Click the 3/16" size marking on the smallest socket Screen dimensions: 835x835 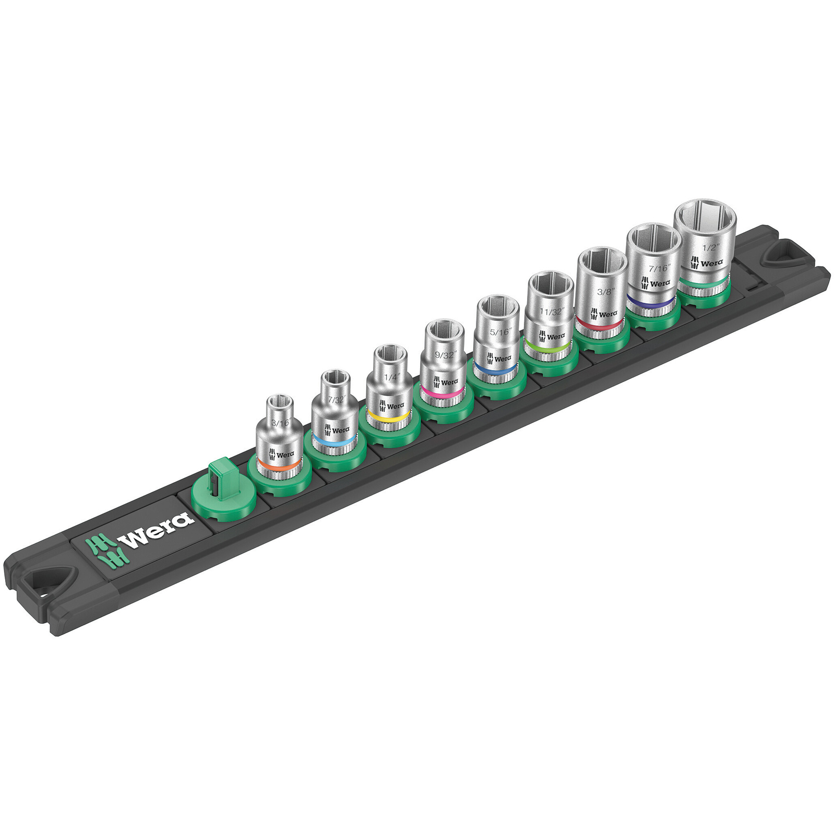coord(280,423)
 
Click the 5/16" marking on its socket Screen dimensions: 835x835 coord(499,331)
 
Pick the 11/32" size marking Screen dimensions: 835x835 coord(552,312)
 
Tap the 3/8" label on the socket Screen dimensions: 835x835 coord(605,291)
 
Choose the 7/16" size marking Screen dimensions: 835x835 coord(658,269)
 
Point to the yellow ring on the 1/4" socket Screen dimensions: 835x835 coord(388,416)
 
